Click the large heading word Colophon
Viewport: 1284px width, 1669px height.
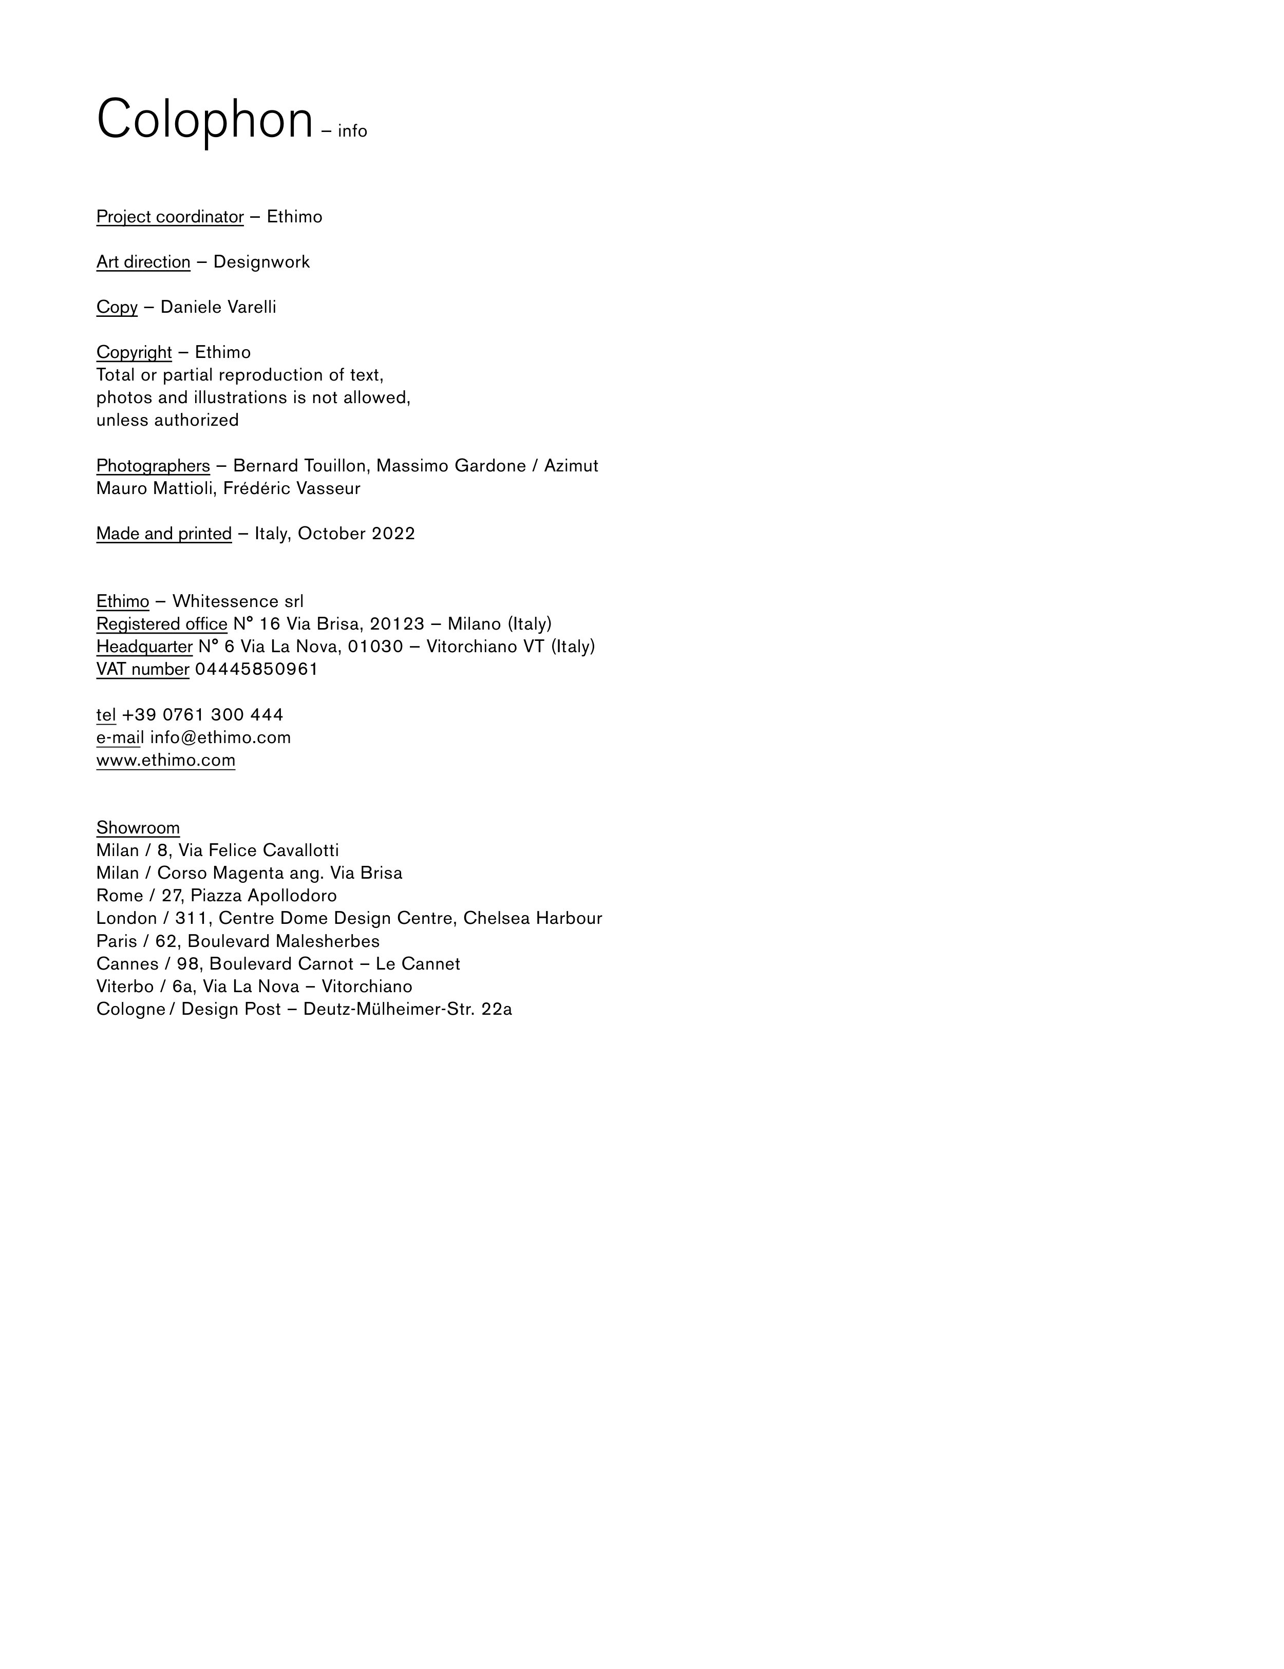pyautogui.click(x=205, y=120)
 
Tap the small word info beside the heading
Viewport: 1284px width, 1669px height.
pyautogui.click(x=352, y=131)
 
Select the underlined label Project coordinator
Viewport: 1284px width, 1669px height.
pyautogui.click(x=169, y=217)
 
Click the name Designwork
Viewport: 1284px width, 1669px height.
pyautogui.click(x=261, y=262)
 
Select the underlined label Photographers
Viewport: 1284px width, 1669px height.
pyautogui.click(x=153, y=466)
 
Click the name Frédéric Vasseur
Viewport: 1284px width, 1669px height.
pyautogui.click(x=291, y=488)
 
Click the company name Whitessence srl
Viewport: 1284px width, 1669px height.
pyautogui.click(x=238, y=601)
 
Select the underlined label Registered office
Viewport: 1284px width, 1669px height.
pyautogui.click(x=161, y=624)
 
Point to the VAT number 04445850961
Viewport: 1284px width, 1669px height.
pyautogui.click(x=256, y=670)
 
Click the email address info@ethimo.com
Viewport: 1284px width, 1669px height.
pyautogui.click(x=220, y=737)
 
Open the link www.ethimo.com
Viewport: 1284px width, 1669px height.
pyautogui.click(x=166, y=761)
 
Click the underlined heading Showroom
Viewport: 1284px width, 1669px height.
pyautogui.click(x=138, y=828)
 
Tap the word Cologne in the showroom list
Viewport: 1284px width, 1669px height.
pyautogui.click(x=130, y=1010)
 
